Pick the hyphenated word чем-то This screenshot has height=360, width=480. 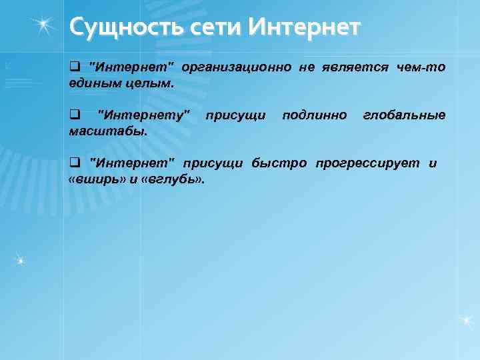click(x=421, y=68)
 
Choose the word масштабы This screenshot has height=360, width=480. click(x=109, y=131)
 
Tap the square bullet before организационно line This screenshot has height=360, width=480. click(x=74, y=68)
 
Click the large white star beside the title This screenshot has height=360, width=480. click(x=44, y=25)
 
